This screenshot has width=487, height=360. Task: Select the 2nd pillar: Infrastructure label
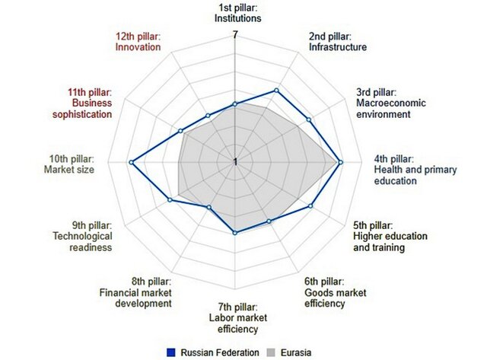point(338,41)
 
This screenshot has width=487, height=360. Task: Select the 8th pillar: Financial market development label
point(135,292)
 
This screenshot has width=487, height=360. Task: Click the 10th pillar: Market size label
point(71,164)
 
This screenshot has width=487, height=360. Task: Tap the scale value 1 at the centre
point(235,161)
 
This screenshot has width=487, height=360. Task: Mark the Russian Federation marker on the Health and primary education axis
point(339,162)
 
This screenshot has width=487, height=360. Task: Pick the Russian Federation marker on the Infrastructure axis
point(275,91)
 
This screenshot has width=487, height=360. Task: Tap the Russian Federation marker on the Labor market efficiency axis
point(234,233)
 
